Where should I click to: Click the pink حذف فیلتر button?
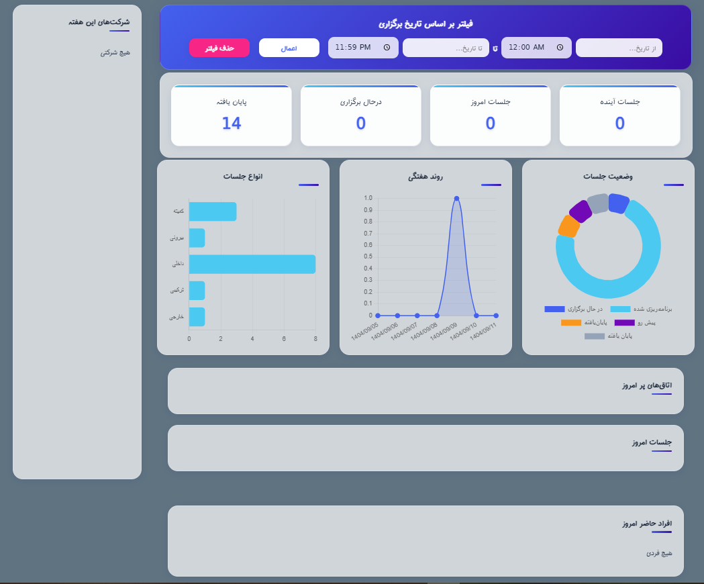pos(219,48)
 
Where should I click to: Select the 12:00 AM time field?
pos(536,48)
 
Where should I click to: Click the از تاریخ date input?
pos(619,48)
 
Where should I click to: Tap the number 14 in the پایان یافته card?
pos(231,124)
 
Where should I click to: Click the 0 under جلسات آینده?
pos(619,124)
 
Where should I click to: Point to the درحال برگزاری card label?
pos(360,102)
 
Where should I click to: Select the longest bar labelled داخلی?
pos(252,264)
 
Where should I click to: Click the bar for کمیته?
pos(212,211)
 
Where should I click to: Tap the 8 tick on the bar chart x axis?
pos(315,339)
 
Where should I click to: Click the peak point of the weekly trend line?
pos(456,198)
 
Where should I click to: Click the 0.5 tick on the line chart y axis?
pos(368,257)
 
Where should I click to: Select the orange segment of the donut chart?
pos(568,226)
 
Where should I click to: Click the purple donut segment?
pos(581,211)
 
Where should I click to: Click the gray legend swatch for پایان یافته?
pos(594,336)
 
